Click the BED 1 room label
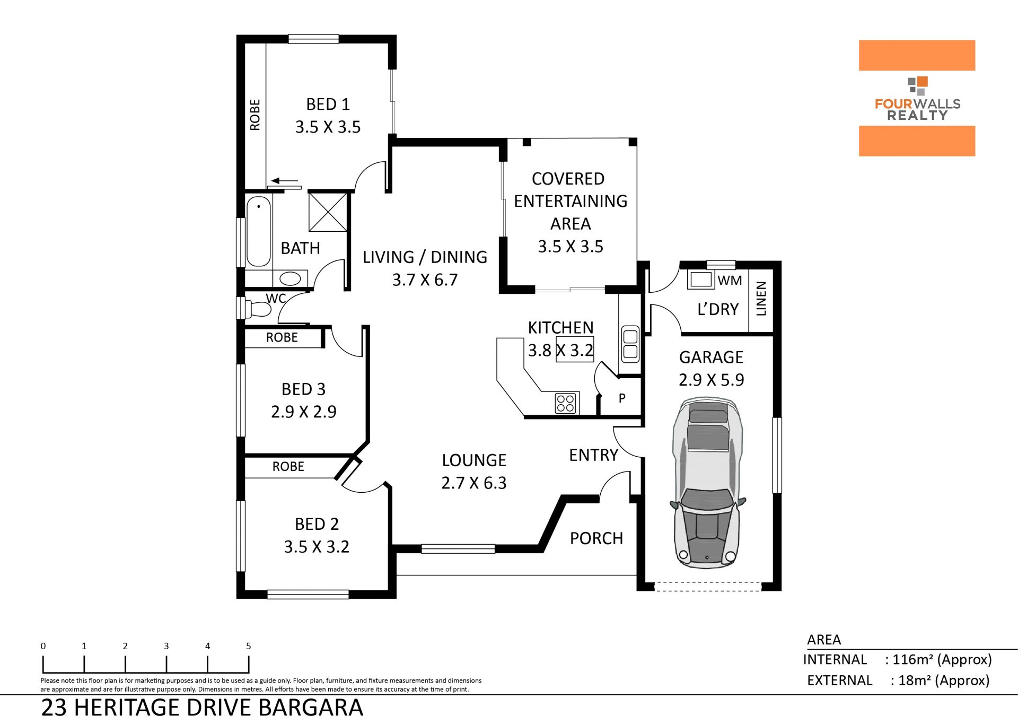(328, 104)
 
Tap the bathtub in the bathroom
(259, 232)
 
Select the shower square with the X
(328, 212)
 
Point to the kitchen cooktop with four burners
(566, 404)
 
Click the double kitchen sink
(630, 344)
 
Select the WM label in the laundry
(730, 281)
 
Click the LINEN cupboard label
(761, 299)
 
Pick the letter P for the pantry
(622, 398)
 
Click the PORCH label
(596, 538)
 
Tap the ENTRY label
(593, 455)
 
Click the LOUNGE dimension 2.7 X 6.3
(474, 483)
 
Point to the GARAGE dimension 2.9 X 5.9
(712, 380)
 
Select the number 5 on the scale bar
(249, 646)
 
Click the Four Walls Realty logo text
(917, 109)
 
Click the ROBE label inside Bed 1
(255, 115)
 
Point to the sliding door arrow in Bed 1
(284, 181)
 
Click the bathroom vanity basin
(290, 278)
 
